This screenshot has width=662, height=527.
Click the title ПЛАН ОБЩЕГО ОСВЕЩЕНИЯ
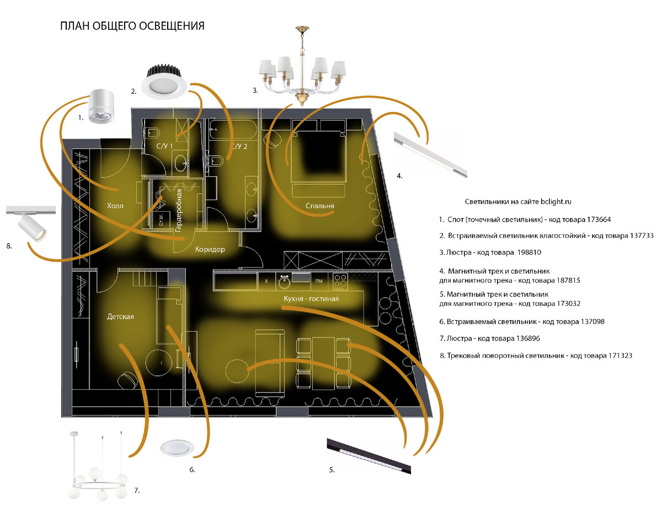(x=132, y=26)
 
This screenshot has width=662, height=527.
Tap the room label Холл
(x=115, y=206)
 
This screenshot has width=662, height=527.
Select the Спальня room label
(x=320, y=206)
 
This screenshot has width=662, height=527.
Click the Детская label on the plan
(x=120, y=317)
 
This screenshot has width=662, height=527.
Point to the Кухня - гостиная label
(x=311, y=299)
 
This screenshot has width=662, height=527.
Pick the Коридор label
(x=210, y=249)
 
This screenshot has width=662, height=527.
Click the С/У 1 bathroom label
(x=164, y=146)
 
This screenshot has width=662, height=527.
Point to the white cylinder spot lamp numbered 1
(x=101, y=106)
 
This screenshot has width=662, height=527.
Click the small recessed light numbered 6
(x=177, y=449)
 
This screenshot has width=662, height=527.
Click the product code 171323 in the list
(x=615, y=356)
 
